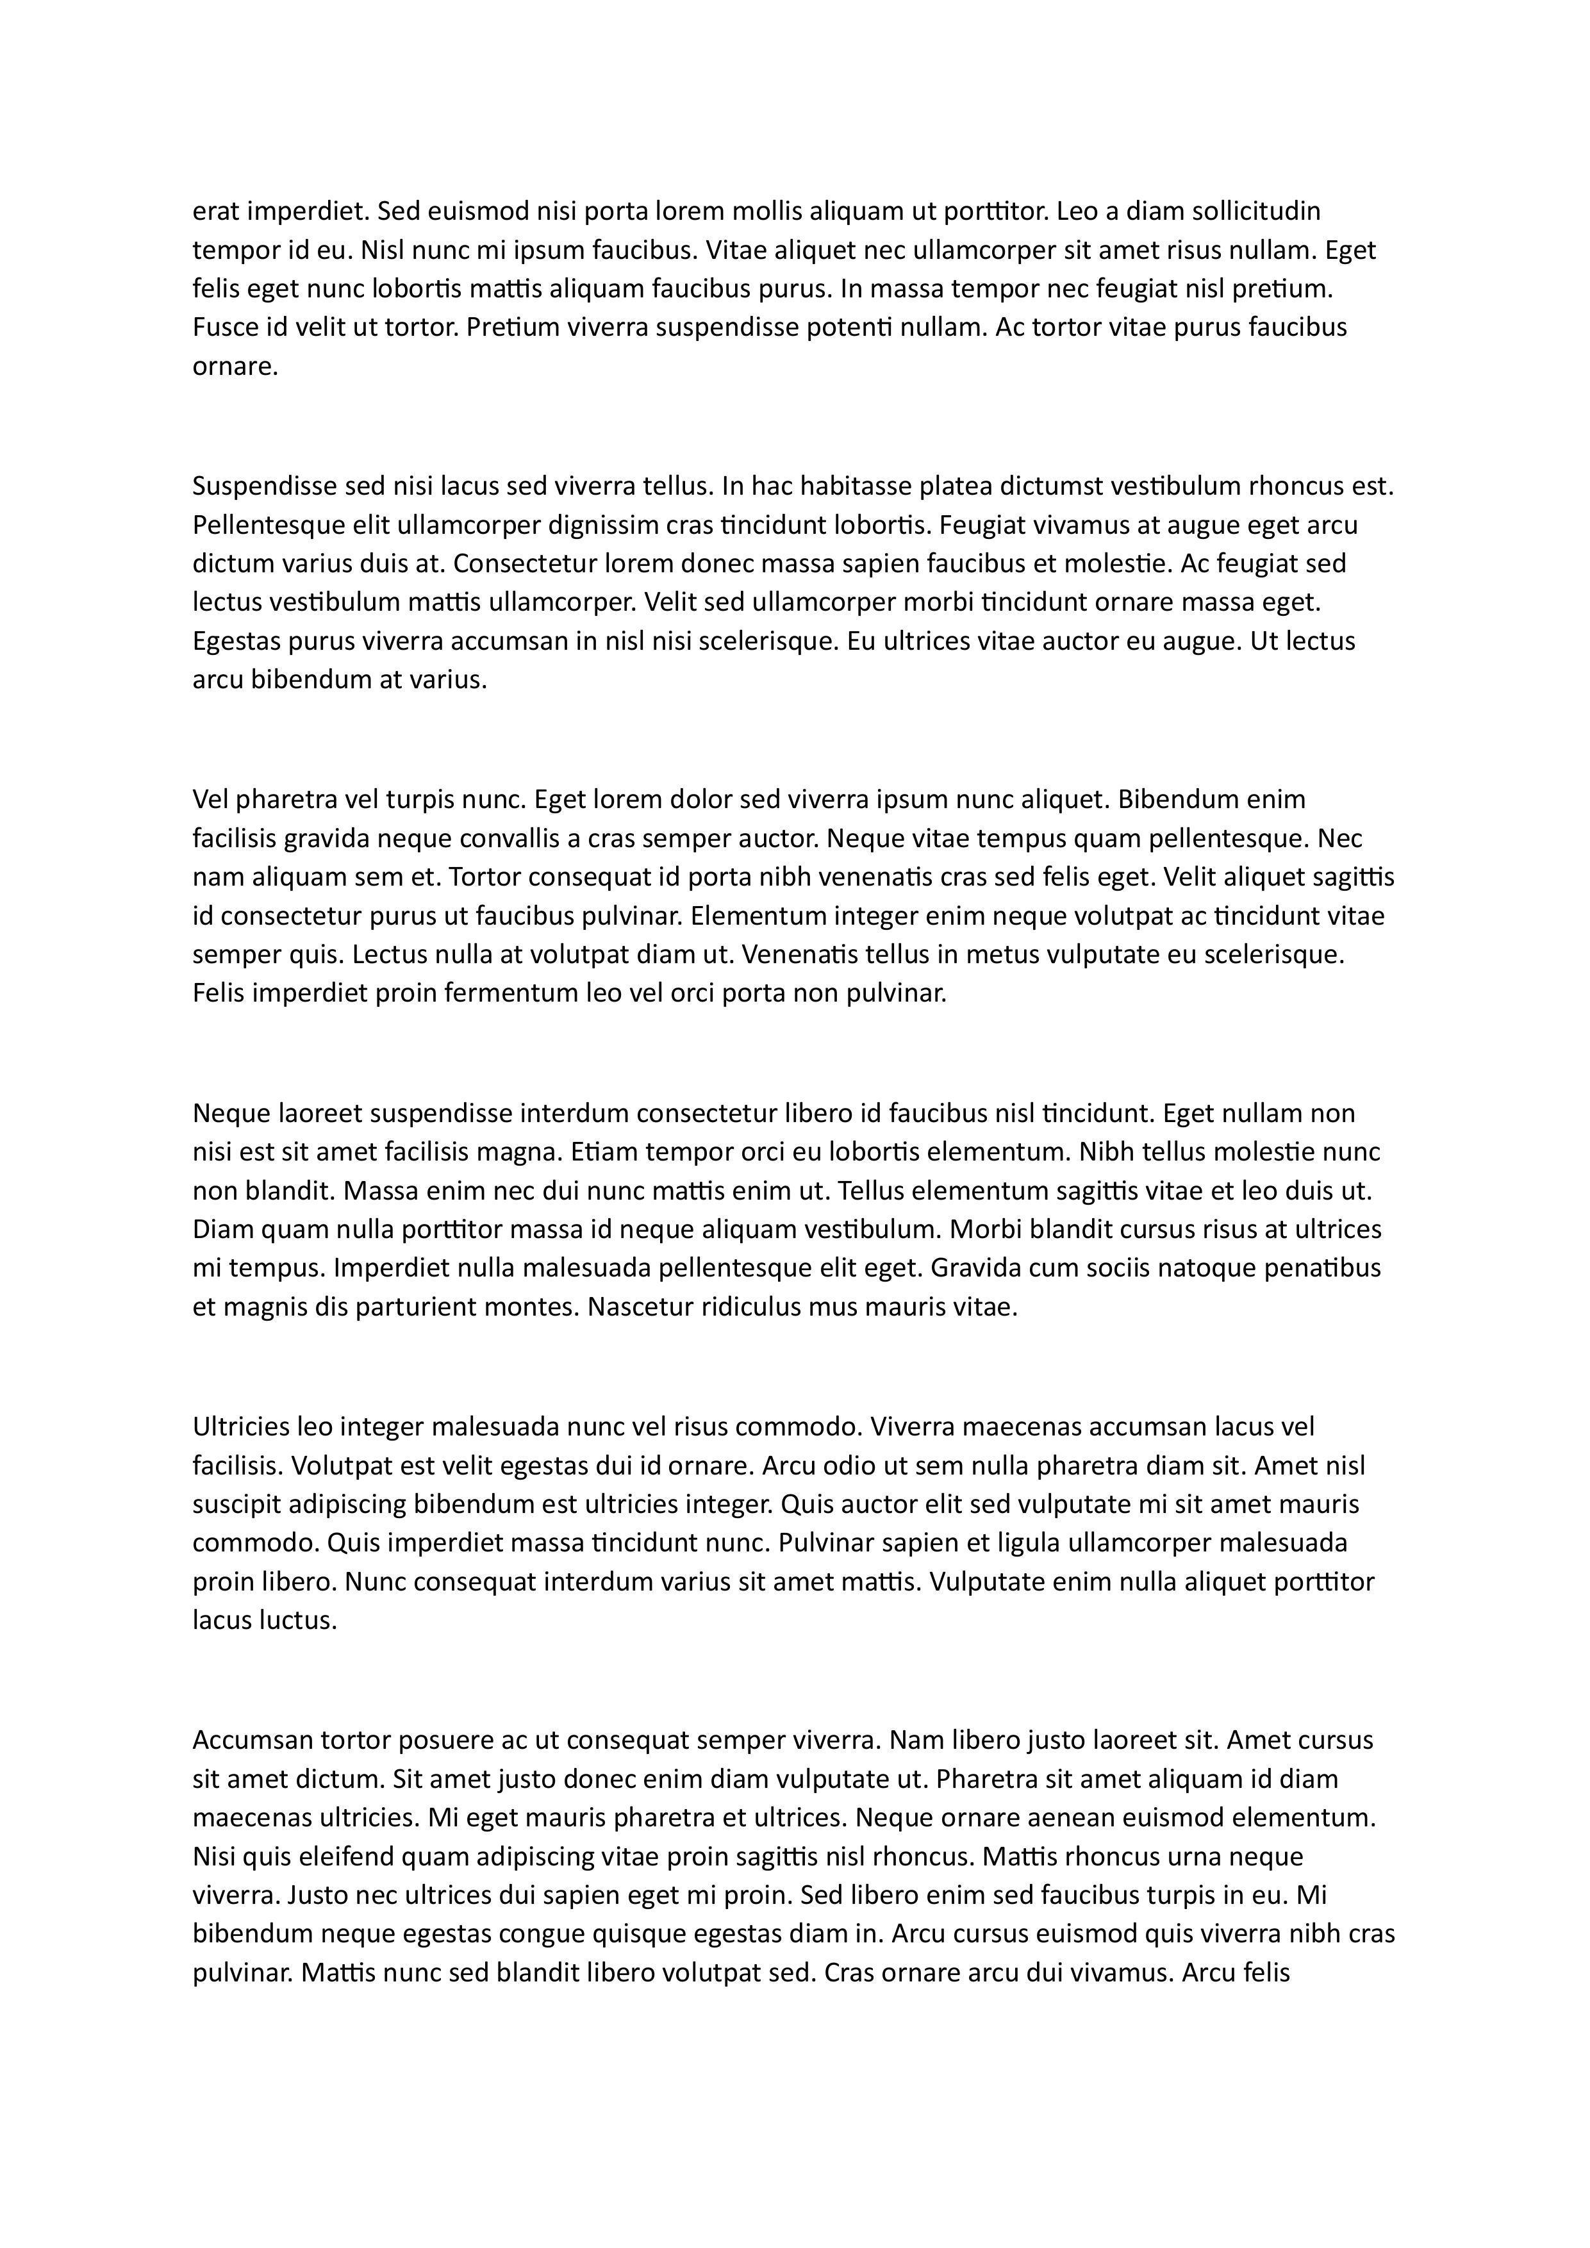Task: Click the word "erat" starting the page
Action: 215,211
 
